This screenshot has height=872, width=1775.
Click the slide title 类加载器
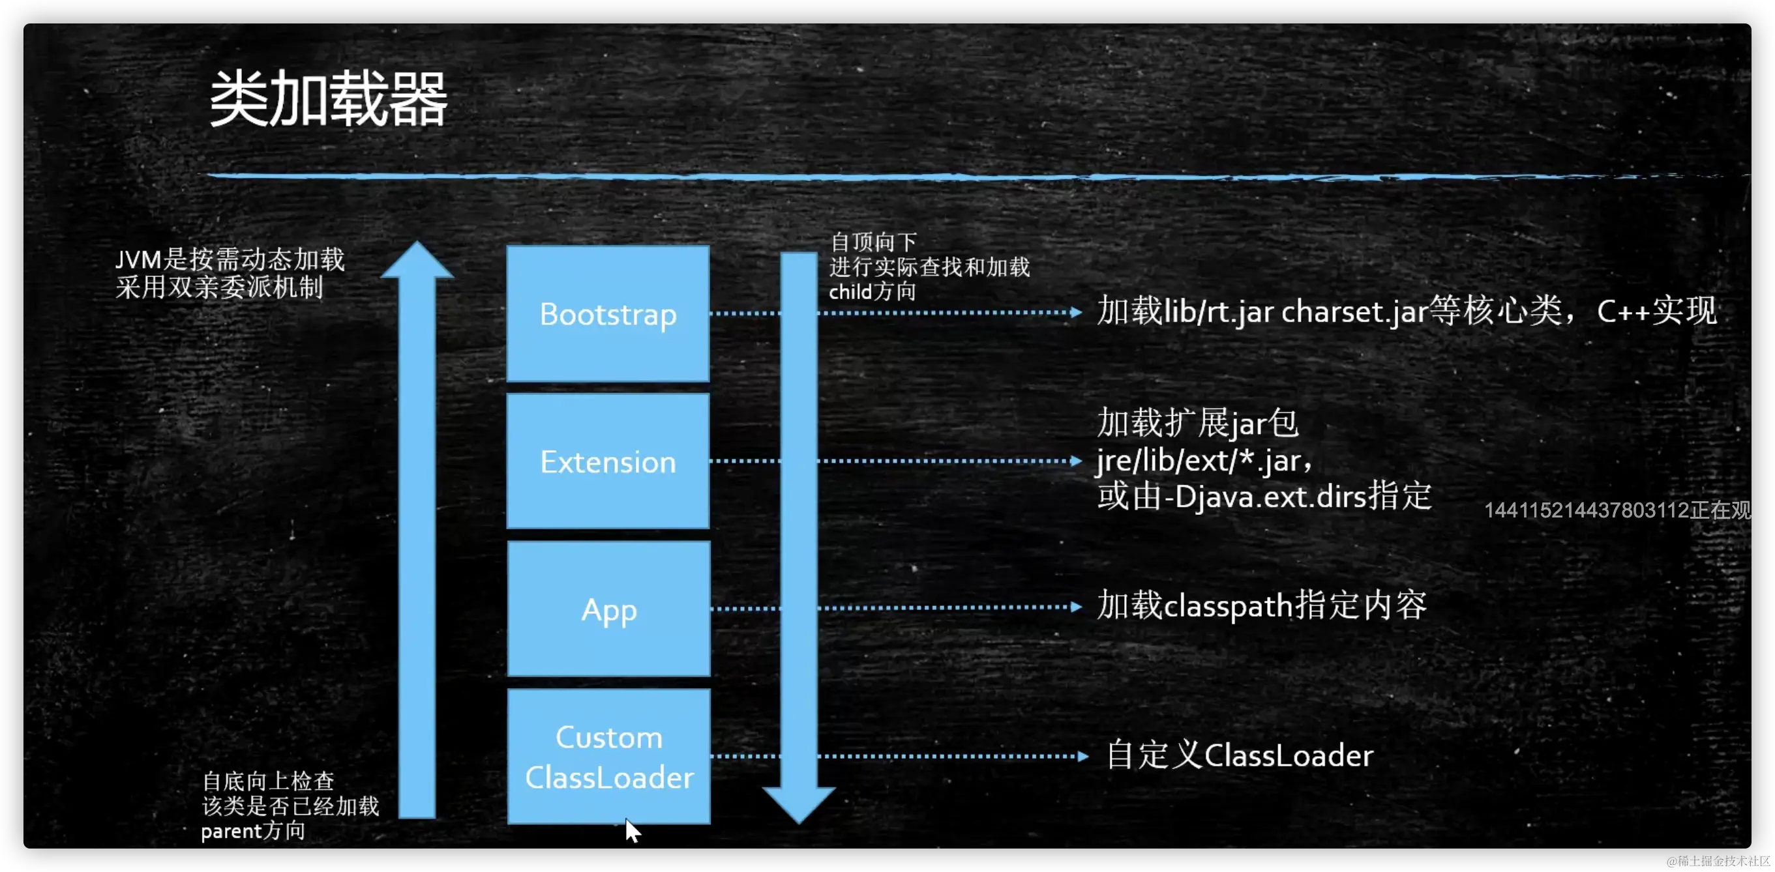pos(329,99)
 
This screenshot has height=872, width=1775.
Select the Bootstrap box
pos(608,313)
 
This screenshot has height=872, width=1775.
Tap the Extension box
pos(608,461)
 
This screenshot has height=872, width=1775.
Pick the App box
pos(608,609)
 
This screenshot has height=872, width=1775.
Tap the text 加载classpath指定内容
pos(1261,605)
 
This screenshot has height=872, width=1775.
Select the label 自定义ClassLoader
pos(1239,755)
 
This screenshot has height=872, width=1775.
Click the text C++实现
pos(1656,311)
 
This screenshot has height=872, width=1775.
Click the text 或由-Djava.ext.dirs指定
pos(1264,496)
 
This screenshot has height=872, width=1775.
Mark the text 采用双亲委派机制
pos(219,287)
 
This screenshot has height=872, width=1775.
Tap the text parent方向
pos(253,831)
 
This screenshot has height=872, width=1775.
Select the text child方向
pos(872,292)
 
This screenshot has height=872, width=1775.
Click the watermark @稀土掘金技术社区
pos(1716,860)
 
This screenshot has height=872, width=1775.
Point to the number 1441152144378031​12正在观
pos(1617,510)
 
